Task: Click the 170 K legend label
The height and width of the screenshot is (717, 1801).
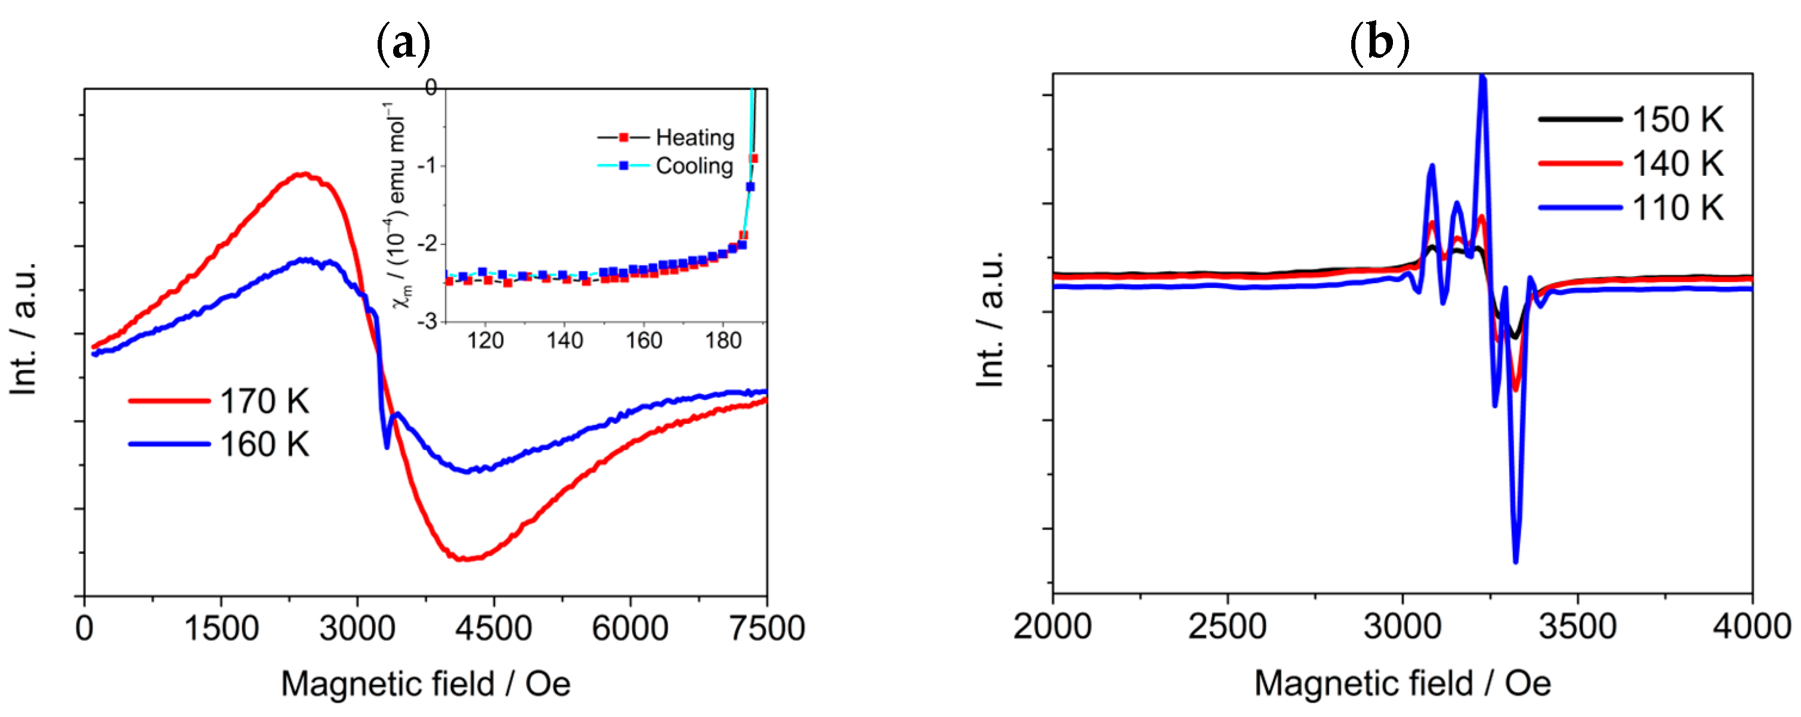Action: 264,401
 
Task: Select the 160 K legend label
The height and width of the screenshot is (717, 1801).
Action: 264,445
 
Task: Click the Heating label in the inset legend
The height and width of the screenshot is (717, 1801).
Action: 694,138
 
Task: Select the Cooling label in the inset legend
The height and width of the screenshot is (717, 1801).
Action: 694,166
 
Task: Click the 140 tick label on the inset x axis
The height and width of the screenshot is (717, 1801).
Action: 564,341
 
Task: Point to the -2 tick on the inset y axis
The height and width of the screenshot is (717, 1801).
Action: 427,244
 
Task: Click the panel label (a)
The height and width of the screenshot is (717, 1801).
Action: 403,44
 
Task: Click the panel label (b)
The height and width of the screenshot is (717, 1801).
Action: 1379,44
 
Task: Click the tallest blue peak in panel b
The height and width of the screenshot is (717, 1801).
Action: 1482,79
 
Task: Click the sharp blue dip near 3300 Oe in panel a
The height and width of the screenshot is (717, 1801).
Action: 387,446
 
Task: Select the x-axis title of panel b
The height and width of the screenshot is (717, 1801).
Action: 1402,684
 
